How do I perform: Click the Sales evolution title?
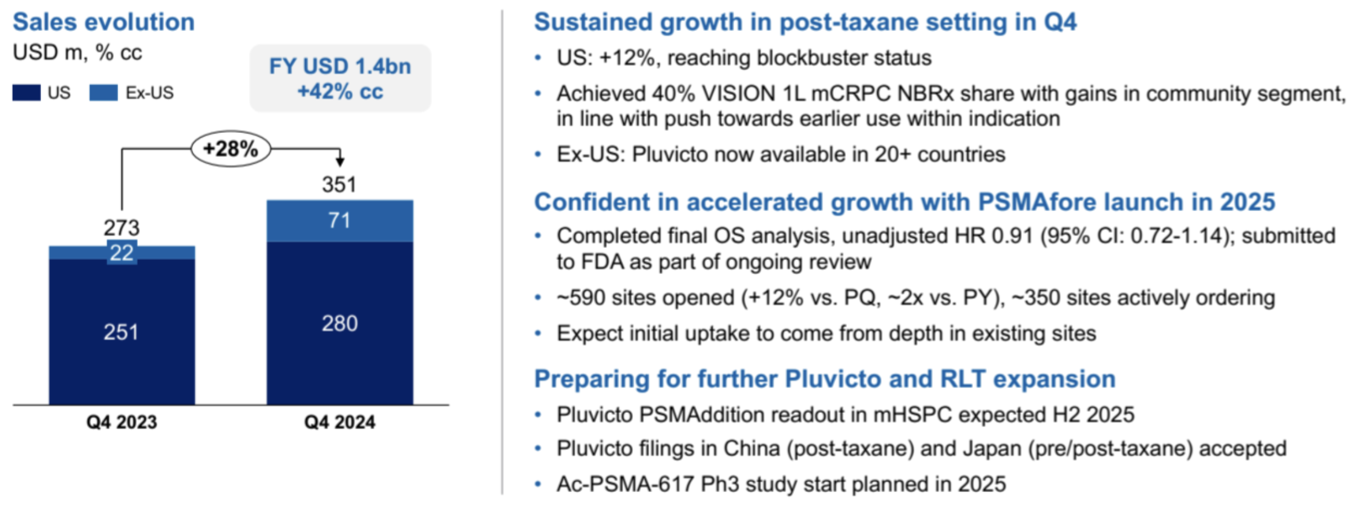pyautogui.click(x=103, y=22)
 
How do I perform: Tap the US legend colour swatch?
pyautogui.click(x=27, y=93)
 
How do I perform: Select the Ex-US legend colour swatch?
pyautogui.click(x=103, y=93)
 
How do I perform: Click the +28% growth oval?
pyautogui.click(x=231, y=149)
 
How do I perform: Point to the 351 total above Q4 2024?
pyautogui.click(x=339, y=184)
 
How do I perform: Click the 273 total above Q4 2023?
pyautogui.click(x=122, y=228)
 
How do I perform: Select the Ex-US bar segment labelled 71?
pyautogui.click(x=340, y=221)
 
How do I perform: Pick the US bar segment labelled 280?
pyautogui.click(x=340, y=323)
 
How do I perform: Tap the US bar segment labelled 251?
pyautogui.click(x=122, y=332)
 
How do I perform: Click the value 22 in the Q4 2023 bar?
pyautogui.click(x=122, y=253)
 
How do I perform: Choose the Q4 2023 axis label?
pyautogui.click(x=122, y=422)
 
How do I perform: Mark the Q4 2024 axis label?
pyautogui.click(x=340, y=422)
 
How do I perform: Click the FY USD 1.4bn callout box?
pyautogui.click(x=340, y=79)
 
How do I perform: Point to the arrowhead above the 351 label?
pyautogui.click(x=340, y=161)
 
